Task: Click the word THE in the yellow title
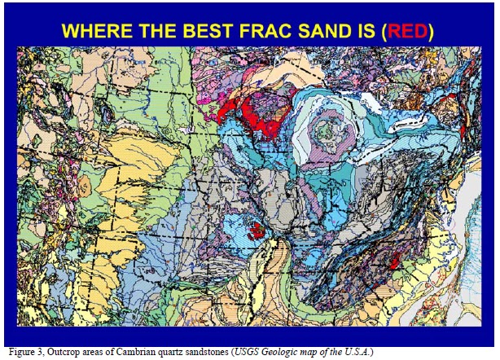[148, 32]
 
